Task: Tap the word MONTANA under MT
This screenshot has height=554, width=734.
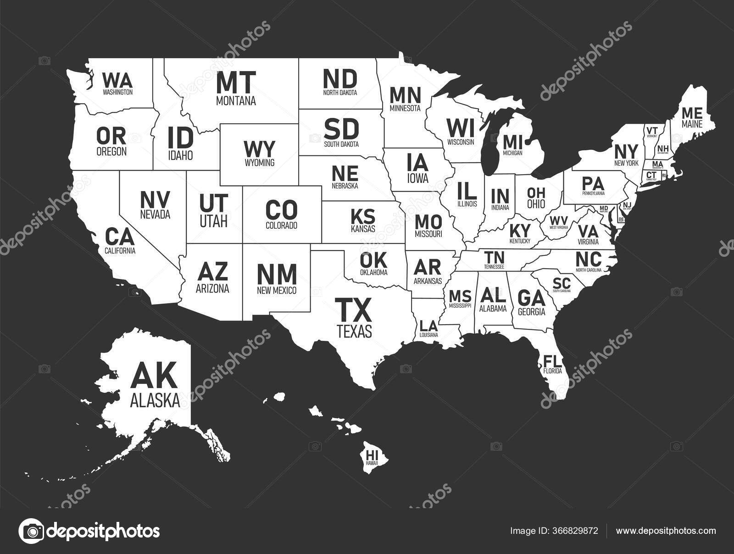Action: point(236,100)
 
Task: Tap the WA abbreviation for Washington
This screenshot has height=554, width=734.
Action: point(117,80)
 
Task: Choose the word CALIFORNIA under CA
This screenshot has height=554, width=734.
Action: point(120,251)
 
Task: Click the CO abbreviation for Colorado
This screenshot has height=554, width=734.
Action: point(281,210)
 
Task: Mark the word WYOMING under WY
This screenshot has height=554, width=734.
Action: point(259,162)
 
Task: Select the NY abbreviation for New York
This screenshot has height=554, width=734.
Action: point(626,151)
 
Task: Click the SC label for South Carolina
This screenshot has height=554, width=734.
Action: point(562,283)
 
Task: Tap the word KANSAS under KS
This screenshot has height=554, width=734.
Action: point(363,228)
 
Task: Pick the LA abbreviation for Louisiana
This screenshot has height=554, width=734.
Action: point(428,326)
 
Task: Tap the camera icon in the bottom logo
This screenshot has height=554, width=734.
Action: point(31,531)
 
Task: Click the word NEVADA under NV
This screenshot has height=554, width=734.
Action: point(155,214)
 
